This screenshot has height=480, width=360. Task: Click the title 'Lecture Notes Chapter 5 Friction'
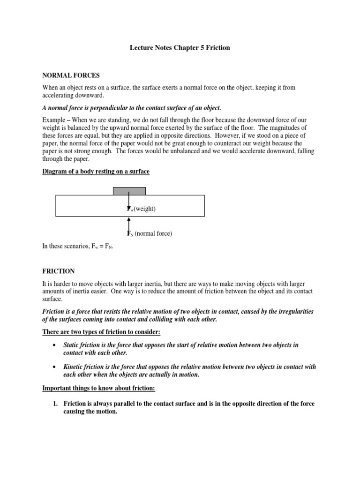(x=180, y=48)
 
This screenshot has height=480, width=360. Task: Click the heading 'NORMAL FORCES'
(x=71, y=75)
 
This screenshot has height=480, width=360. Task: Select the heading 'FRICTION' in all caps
(x=59, y=271)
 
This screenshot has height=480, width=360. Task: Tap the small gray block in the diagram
(x=129, y=191)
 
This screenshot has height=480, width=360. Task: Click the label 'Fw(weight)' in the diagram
(x=142, y=209)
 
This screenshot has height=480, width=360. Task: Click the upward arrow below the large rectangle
(x=129, y=224)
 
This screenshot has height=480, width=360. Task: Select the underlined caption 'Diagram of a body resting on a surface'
(x=96, y=172)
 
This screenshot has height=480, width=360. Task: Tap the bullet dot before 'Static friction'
(x=56, y=345)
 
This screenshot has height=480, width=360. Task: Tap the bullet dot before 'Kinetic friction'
(x=56, y=367)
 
